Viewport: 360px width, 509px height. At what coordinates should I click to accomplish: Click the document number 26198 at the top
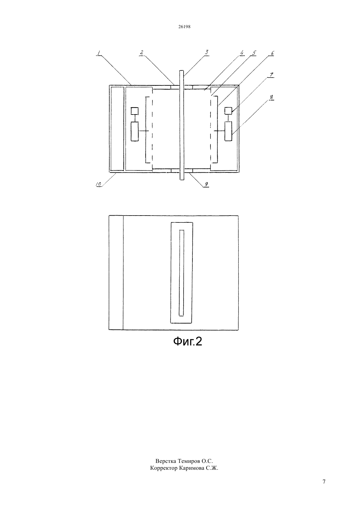[x=184, y=26]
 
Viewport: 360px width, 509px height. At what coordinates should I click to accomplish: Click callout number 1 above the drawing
[x=99, y=53]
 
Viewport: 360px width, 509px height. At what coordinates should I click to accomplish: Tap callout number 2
[x=142, y=52]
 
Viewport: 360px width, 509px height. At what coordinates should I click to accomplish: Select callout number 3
[x=207, y=52]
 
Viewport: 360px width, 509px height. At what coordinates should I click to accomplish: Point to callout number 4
[x=242, y=53]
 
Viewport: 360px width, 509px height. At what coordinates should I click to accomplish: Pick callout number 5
[x=254, y=53]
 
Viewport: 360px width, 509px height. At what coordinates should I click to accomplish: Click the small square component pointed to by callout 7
[x=228, y=111]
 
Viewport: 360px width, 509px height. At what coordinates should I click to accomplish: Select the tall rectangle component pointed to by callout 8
[x=228, y=132]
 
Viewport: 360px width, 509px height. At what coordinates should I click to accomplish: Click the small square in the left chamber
[x=135, y=111]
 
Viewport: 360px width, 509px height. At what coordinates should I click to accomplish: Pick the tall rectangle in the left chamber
[x=135, y=132]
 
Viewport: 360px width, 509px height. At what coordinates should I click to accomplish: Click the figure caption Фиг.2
[x=188, y=342]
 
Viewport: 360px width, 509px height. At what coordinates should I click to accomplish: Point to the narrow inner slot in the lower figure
[x=181, y=273]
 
